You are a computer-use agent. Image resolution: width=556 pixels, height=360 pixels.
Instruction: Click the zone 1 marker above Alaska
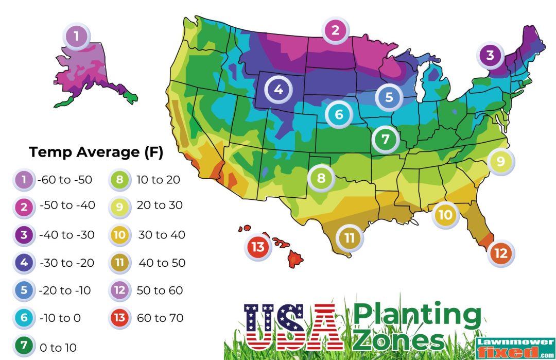click(77, 37)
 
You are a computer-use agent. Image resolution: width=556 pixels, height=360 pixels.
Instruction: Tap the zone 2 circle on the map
click(336, 30)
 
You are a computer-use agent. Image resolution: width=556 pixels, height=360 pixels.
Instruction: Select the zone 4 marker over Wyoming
click(278, 90)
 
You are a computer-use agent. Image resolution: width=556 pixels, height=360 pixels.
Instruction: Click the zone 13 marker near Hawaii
click(258, 247)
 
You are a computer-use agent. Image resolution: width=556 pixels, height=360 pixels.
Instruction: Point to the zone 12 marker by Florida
click(501, 253)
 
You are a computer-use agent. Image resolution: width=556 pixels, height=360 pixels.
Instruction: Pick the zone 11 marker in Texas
click(350, 238)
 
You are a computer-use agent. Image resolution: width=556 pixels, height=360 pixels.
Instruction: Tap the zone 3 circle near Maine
click(490, 55)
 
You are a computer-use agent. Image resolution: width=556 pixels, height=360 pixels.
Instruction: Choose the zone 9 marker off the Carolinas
click(501, 162)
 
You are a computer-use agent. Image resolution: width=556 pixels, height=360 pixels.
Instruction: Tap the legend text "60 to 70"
click(160, 318)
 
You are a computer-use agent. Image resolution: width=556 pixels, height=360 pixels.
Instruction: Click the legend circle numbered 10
click(119, 235)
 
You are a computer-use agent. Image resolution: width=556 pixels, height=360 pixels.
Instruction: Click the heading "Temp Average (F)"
click(96, 152)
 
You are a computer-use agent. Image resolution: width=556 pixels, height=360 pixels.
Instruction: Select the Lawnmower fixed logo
click(515, 349)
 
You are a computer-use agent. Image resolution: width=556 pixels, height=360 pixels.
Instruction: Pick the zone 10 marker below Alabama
click(445, 214)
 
